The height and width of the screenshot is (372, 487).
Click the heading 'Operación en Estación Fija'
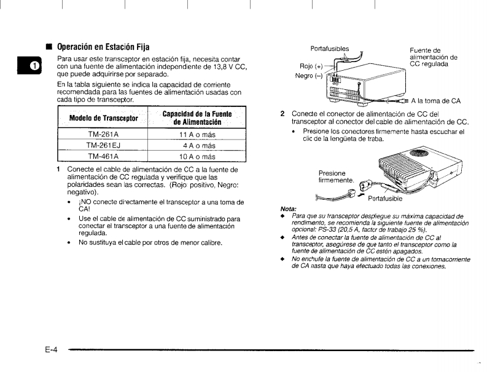pos(103,47)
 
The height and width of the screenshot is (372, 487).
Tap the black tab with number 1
pos(34,65)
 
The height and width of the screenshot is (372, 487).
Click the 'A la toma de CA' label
pos(436,100)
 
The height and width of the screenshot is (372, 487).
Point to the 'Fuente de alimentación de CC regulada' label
pos(433,57)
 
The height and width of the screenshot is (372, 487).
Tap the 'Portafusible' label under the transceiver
pos(385,199)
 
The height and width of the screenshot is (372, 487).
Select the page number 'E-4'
pos(51,350)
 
